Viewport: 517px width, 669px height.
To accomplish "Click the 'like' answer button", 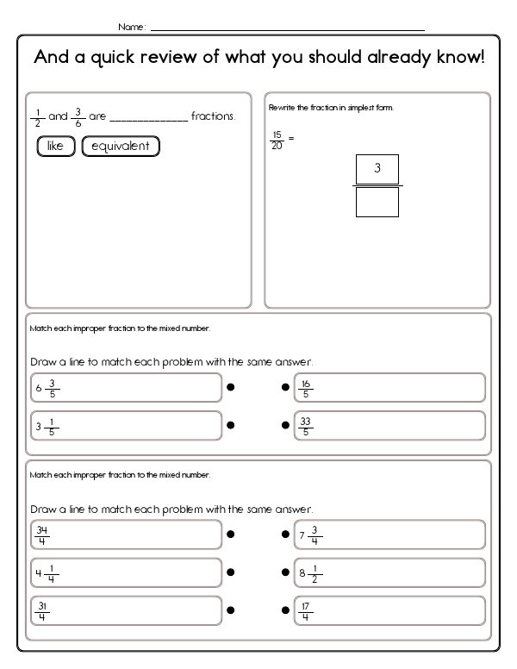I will click(x=56, y=146).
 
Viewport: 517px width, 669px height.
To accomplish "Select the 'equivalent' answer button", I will click(x=121, y=146).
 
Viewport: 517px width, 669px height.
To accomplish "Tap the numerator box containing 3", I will click(x=377, y=169).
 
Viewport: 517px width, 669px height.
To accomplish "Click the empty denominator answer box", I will click(x=377, y=202).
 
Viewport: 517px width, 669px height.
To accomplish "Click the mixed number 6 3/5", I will click(x=48, y=388).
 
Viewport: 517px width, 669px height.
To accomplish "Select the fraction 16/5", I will click(x=306, y=388).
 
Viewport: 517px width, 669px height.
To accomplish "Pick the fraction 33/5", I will click(x=306, y=425).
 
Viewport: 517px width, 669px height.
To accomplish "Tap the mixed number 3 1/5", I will click(x=47, y=425).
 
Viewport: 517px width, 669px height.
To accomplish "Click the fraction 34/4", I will click(x=42, y=535).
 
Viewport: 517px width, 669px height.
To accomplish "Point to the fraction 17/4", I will click(x=306, y=610).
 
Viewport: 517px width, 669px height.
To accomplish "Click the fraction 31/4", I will click(x=42, y=610).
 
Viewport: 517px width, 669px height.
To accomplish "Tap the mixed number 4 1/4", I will click(x=47, y=572).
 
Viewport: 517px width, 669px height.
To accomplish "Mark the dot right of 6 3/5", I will click(x=230, y=388).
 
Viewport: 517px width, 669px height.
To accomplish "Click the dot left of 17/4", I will click(x=285, y=610).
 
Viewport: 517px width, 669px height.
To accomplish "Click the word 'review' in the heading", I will click(x=181, y=59).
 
